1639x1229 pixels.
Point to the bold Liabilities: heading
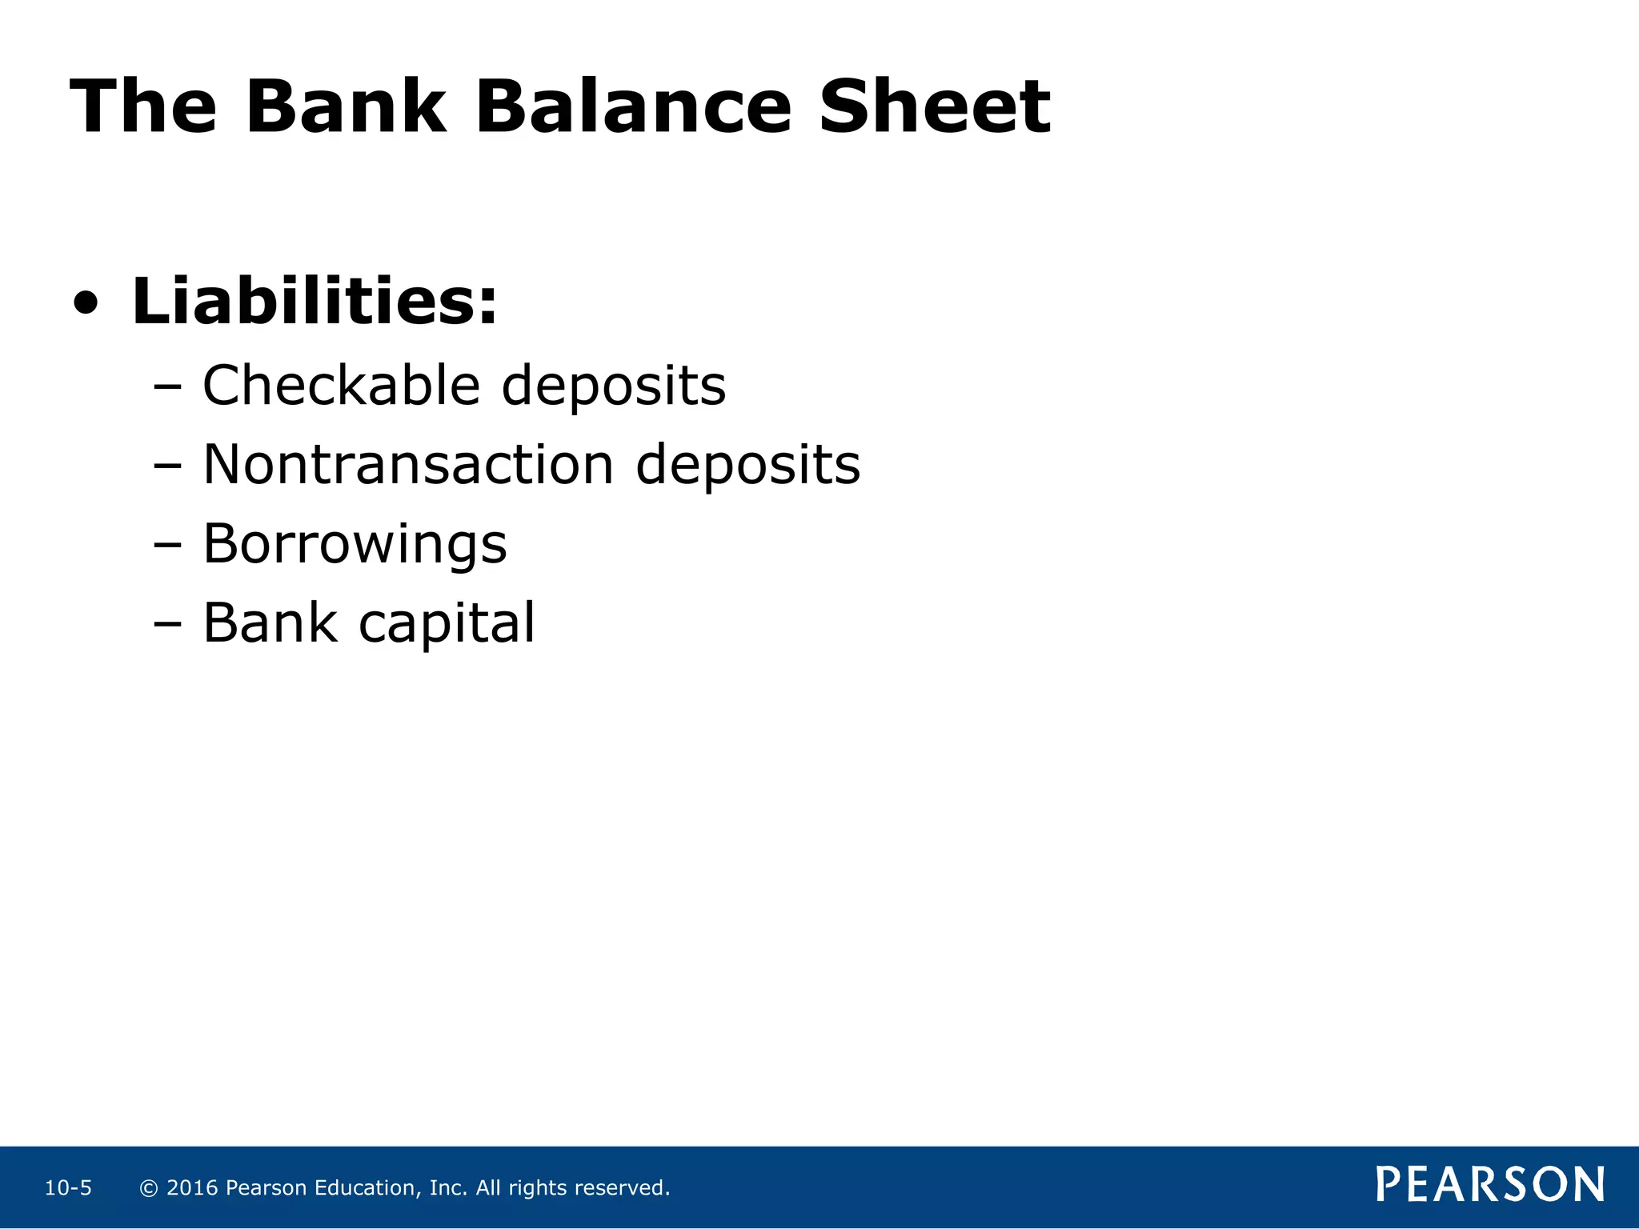[x=315, y=302]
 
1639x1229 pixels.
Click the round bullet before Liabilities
[x=86, y=305]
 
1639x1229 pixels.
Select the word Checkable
[x=341, y=386]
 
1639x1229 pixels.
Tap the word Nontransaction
[x=408, y=465]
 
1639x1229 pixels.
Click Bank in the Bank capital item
[x=270, y=623]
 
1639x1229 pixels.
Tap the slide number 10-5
[x=68, y=1188]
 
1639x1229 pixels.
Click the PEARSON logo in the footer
[x=1489, y=1185]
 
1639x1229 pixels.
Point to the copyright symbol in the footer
[x=148, y=1188]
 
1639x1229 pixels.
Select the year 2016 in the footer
[x=192, y=1188]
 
